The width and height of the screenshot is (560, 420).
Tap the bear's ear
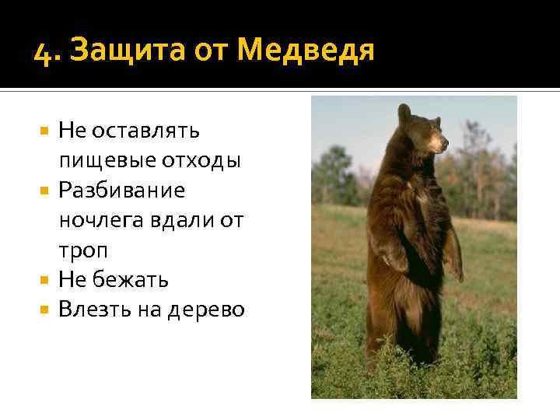404,114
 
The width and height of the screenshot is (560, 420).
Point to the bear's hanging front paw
453,268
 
